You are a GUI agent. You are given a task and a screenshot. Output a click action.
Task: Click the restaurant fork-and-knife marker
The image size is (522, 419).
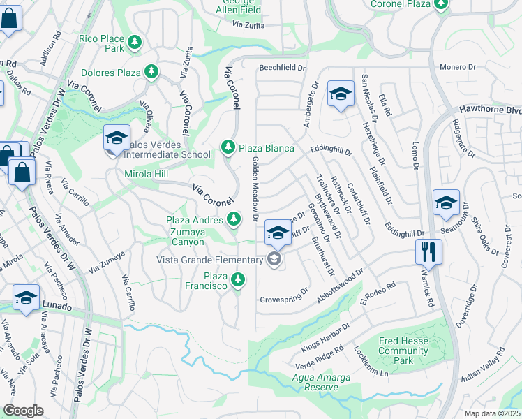[428, 251]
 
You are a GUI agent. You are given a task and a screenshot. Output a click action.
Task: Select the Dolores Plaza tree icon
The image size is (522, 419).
[151, 72]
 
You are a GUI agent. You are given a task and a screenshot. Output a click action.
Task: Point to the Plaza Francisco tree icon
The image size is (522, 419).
[239, 280]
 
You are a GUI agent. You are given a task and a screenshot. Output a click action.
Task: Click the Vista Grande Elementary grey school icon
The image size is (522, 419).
[274, 260]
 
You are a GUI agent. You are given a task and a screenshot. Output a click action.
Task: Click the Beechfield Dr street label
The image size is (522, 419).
[283, 68]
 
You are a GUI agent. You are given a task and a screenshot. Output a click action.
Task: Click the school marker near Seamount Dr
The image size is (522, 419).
[446, 203]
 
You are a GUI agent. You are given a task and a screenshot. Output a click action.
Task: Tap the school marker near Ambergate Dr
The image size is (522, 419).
[340, 94]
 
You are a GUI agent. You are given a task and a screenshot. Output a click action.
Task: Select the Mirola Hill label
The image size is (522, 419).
[147, 174]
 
